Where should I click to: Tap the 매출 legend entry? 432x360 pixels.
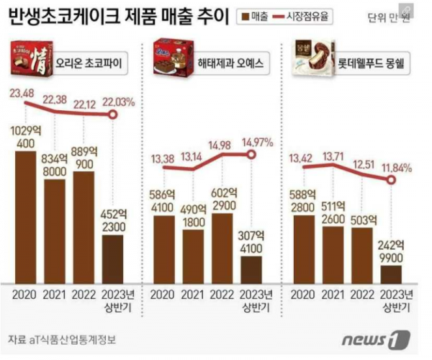tap(253, 17)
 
